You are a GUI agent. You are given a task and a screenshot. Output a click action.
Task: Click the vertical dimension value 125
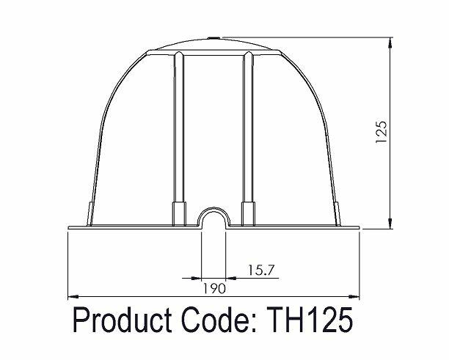point(381,133)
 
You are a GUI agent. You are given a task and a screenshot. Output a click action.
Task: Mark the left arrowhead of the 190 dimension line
point(72,297)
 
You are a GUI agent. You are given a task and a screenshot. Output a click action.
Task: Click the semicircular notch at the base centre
point(213,217)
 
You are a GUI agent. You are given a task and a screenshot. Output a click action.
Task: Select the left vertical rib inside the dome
point(178,132)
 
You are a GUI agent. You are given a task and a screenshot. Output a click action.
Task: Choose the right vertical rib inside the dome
point(247,132)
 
